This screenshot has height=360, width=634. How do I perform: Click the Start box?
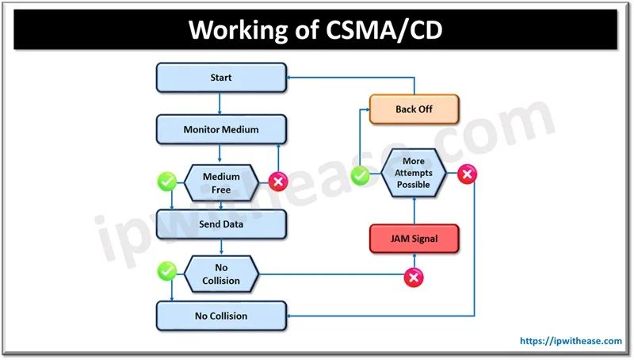221,77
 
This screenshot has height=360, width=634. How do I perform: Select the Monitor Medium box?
221,129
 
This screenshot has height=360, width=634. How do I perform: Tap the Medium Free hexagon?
221,183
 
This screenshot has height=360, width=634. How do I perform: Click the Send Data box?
221,224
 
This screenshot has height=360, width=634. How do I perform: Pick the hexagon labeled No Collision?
221,274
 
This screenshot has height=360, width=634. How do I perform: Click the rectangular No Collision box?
221,316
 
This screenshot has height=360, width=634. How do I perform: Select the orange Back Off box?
414,109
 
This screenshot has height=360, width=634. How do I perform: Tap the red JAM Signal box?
414,239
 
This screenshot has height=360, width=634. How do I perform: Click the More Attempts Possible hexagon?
414,173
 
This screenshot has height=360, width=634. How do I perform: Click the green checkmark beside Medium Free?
167,182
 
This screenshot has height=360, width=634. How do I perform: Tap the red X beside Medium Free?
278,182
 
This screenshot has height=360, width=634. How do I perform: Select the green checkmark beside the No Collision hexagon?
167,271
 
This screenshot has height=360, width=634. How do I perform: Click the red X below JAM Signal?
414,278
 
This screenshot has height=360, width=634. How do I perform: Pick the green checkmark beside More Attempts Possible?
360,175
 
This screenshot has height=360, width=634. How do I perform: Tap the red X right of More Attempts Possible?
467,174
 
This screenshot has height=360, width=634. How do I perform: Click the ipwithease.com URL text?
571,341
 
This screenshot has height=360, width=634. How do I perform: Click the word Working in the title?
238,30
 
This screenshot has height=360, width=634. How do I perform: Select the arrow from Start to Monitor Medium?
220,104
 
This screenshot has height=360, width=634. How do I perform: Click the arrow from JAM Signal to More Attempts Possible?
414,211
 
